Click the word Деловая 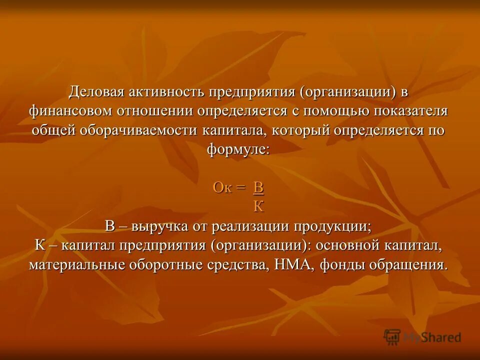tap(97, 93)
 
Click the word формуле tap(237, 149)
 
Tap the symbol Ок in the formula tap(222, 187)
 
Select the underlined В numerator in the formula tap(258, 187)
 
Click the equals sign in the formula tap(241, 188)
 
